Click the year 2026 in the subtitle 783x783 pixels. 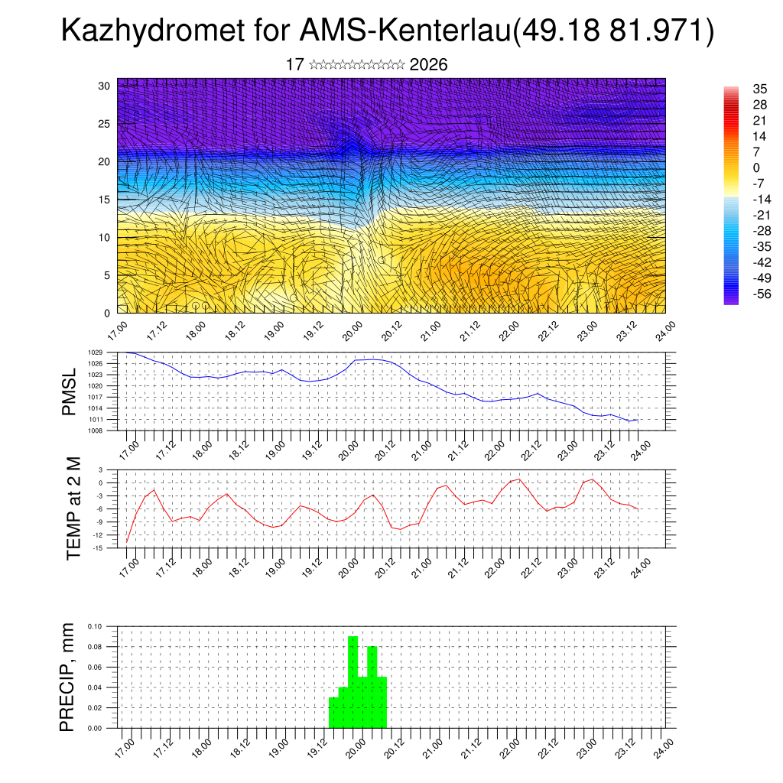click(428, 65)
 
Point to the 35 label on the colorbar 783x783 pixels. click(739, 89)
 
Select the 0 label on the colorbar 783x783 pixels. click(735, 168)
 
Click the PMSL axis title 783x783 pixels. click(70, 391)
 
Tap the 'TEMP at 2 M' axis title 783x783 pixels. click(73, 508)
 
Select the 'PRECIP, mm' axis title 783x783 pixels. click(68, 677)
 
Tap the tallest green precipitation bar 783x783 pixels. click(353, 681)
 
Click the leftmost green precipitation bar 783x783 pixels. click(333, 712)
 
